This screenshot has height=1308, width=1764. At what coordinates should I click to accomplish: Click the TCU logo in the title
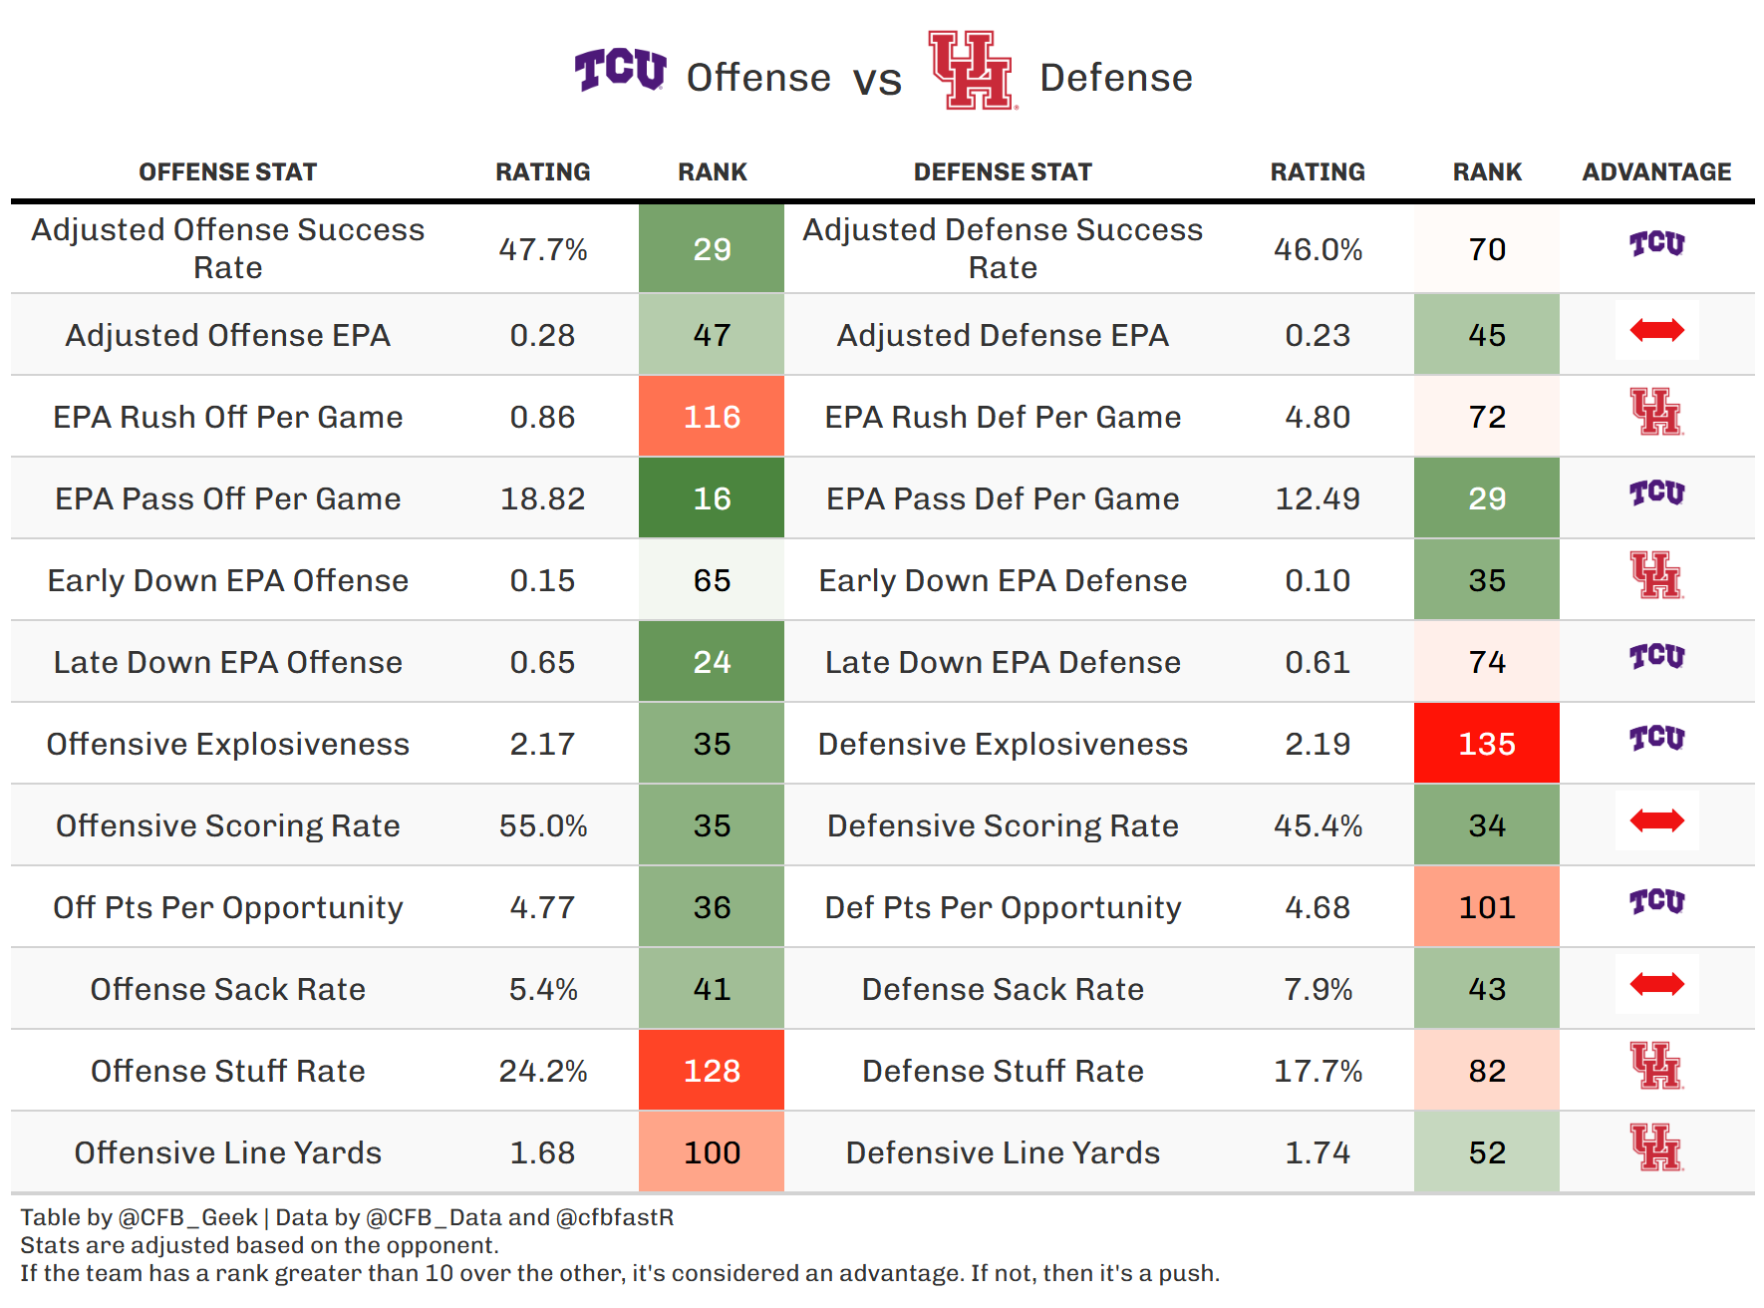click(x=620, y=70)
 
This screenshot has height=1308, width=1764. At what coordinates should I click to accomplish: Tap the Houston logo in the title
click(x=971, y=70)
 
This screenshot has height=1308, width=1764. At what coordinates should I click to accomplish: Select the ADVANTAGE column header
click(x=1656, y=172)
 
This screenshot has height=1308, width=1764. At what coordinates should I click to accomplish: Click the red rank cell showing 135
click(x=1486, y=744)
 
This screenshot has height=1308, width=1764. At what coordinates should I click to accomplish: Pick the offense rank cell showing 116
click(x=712, y=417)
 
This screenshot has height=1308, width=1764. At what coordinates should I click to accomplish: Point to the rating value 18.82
click(x=542, y=498)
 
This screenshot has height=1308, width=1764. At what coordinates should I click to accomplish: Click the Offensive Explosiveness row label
click(x=228, y=744)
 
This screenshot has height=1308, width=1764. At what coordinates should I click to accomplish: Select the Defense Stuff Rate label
click(x=1003, y=1071)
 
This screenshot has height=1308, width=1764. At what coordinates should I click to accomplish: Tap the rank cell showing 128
click(x=712, y=1071)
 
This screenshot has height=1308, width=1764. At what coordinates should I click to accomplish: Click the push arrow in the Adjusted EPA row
click(x=1656, y=330)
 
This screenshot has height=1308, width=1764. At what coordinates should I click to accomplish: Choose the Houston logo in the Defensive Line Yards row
click(x=1656, y=1147)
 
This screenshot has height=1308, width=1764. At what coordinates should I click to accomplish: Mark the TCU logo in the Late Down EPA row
click(x=1656, y=657)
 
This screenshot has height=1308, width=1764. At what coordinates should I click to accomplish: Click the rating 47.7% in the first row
click(x=542, y=249)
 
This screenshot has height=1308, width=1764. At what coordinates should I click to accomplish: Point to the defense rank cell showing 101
click(x=1486, y=907)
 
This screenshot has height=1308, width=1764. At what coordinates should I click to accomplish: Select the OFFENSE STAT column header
click(x=228, y=172)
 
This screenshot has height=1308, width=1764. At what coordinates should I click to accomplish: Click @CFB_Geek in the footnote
click(x=188, y=1217)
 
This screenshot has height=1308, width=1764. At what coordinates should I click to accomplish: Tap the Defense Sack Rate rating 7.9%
click(x=1318, y=989)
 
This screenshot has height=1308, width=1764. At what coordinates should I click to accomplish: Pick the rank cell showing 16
click(x=712, y=498)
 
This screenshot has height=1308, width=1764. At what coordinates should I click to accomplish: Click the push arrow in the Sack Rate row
click(x=1656, y=984)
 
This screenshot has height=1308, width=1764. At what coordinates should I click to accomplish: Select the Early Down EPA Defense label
click(x=1003, y=580)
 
